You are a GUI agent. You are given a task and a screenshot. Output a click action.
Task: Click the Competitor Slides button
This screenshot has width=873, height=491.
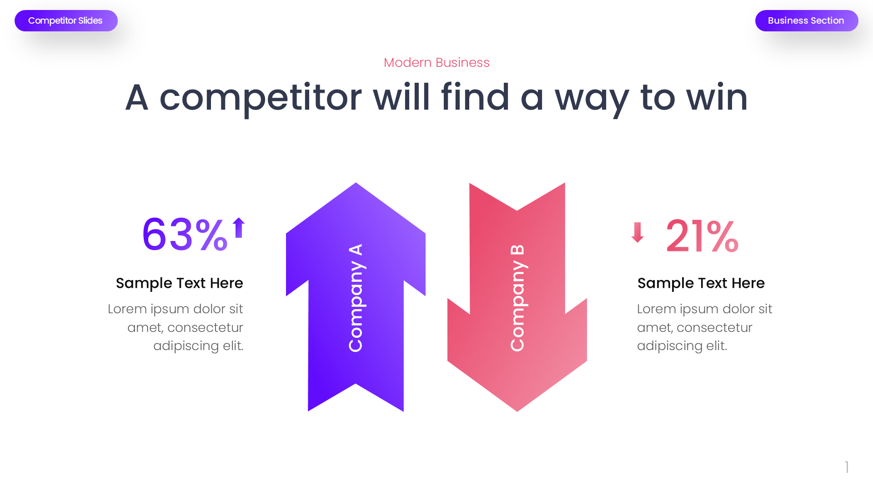coord(66,21)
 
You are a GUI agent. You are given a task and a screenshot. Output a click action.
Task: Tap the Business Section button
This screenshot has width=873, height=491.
coord(806,21)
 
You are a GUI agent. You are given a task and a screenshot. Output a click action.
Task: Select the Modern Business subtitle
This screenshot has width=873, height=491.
coord(436,62)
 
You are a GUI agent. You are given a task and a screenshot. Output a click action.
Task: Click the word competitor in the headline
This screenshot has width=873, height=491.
coord(260,98)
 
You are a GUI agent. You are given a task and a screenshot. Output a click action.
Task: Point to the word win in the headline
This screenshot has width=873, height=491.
coord(717,98)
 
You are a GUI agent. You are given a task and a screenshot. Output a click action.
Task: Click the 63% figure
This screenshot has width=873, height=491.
coord(184,235)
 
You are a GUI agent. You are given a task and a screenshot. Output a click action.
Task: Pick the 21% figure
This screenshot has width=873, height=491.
coord(702,236)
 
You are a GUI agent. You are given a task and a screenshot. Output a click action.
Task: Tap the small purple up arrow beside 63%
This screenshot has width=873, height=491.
coord(239,227)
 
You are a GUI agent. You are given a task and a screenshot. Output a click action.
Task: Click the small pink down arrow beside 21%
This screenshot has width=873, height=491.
coord(637,232)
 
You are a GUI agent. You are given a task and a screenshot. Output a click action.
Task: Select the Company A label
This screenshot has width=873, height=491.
coord(356,298)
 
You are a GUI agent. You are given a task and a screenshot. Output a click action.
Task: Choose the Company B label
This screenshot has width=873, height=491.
coord(517,298)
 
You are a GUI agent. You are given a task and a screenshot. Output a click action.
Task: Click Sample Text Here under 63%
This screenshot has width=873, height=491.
coord(180,283)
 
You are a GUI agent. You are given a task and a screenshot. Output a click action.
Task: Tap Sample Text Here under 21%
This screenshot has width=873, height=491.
coord(701,283)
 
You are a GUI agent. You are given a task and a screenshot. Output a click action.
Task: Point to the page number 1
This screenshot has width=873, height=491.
coord(847,467)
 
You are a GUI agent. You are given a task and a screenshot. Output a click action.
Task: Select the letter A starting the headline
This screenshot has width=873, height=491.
coord(137,98)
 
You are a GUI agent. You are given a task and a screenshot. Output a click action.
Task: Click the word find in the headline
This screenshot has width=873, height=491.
coord(475,98)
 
